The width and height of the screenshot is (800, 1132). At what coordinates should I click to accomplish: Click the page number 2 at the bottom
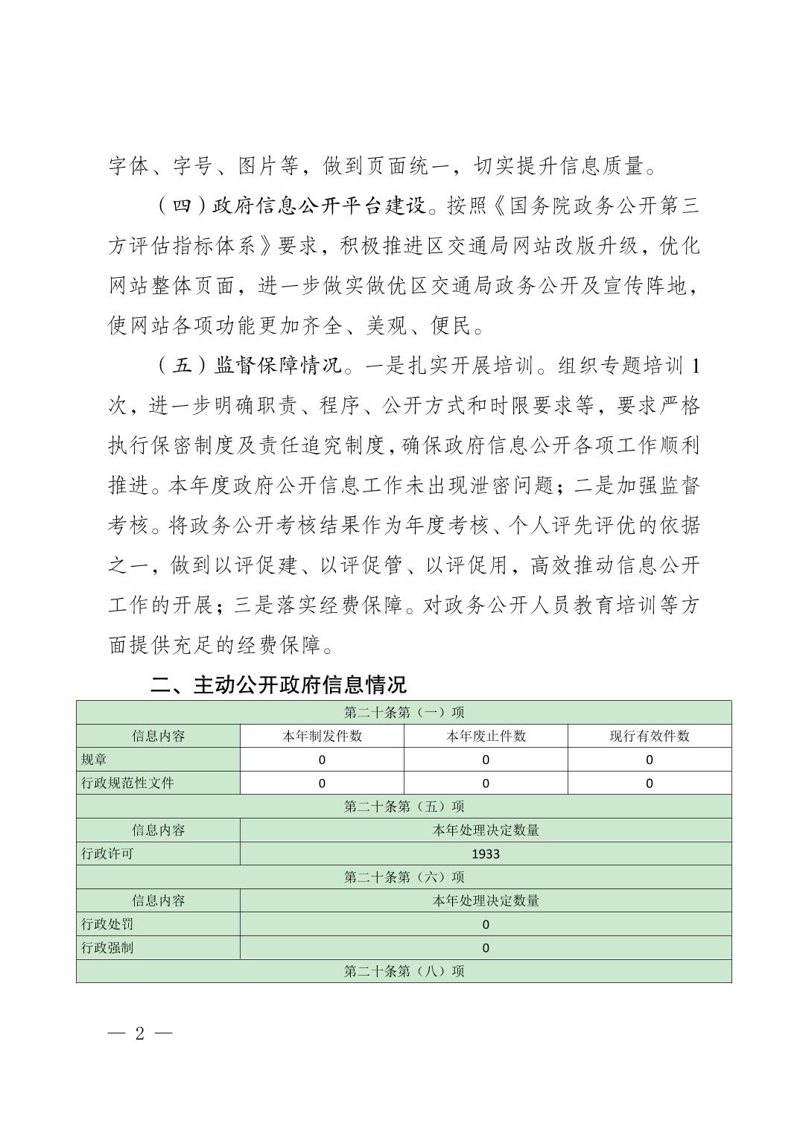click(x=140, y=1034)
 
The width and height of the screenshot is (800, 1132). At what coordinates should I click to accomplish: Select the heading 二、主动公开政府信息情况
click(x=279, y=685)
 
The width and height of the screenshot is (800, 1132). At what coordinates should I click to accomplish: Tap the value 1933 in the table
click(x=486, y=853)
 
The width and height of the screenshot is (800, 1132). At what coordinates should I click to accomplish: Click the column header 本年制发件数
click(x=322, y=736)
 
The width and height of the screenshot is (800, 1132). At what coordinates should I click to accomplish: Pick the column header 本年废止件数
click(x=486, y=736)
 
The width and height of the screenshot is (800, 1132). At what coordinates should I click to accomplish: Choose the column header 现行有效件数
click(x=650, y=736)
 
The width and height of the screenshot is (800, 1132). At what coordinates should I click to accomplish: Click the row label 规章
click(x=94, y=760)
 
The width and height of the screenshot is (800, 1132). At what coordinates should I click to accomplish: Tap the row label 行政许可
click(x=107, y=853)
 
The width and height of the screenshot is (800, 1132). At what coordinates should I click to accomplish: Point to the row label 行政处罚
click(x=107, y=924)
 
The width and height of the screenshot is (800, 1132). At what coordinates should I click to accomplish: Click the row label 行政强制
click(x=107, y=948)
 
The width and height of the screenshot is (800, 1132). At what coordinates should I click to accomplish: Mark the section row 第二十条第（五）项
click(x=404, y=807)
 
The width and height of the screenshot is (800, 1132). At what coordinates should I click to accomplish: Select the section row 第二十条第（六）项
click(x=404, y=877)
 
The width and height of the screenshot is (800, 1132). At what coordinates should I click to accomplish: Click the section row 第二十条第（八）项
click(x=404, y=971)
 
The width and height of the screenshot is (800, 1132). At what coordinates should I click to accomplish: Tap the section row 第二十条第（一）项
click(x=404, y=713)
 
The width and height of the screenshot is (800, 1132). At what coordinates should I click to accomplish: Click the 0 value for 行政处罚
click(x=486, y=924)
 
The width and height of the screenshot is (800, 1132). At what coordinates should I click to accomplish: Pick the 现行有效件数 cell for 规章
click(x=650, y=760)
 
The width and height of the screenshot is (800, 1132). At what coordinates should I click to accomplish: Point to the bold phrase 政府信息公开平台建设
click(x=322, y=206)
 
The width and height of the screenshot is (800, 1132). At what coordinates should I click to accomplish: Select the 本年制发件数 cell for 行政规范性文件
click(x=322, y=783)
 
